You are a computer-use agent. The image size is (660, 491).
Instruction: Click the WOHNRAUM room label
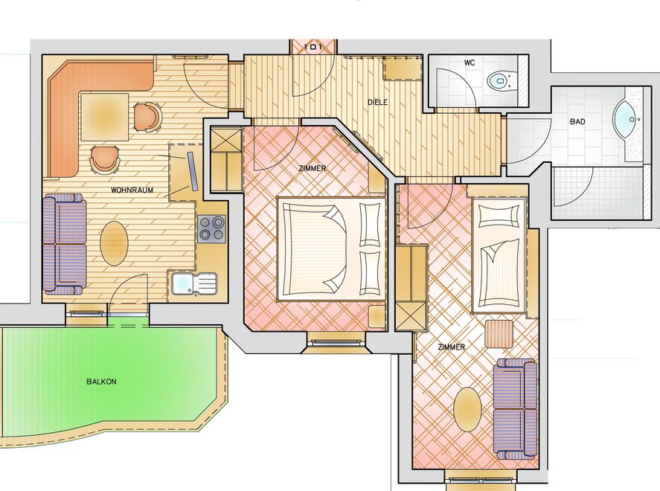(132, 190)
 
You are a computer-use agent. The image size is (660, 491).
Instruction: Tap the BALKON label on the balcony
(101, 382)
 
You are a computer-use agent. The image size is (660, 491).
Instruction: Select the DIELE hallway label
(377, 102)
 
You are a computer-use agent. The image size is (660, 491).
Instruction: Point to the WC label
(470, 62)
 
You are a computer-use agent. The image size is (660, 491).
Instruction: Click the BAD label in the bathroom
(577, 121)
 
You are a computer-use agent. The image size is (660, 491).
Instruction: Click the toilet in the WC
(502, 80)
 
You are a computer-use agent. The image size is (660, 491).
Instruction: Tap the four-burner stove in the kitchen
(212, 229)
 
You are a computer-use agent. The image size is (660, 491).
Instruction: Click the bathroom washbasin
(627, 119)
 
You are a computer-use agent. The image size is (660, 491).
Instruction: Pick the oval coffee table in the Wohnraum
(114, 243)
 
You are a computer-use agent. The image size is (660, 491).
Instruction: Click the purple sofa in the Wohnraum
(65, 243)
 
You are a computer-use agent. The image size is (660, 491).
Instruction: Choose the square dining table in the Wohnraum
(105, 117)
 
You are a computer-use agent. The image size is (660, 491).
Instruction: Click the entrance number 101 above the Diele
(313, 47)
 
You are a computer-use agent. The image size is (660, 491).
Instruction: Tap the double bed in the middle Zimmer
(332, 248)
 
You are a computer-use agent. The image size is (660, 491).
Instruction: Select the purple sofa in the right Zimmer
(516, 409)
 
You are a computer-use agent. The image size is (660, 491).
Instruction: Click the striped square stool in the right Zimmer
(499, 334)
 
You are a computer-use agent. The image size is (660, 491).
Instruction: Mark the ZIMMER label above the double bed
(313, 168)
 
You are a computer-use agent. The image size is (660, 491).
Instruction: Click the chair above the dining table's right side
(147, 117)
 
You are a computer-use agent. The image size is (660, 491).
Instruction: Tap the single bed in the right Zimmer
(499, 255)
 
